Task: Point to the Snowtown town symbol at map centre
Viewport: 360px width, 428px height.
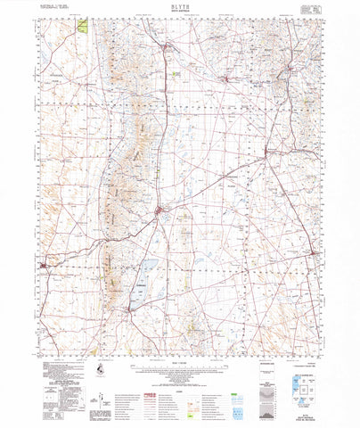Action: click(159, 211)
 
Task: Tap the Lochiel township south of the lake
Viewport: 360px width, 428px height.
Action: click(130, 309)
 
